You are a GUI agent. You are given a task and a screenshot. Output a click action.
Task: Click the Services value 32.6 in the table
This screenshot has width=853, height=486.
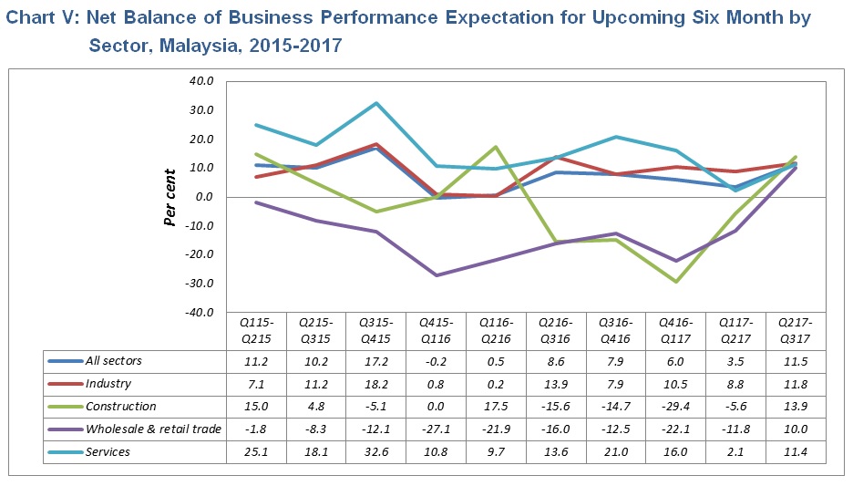(376, 451)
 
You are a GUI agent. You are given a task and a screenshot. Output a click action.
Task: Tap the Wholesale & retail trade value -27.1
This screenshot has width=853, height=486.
(436, 429)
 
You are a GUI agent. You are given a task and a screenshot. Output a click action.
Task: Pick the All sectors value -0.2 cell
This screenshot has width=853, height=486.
(436, 361)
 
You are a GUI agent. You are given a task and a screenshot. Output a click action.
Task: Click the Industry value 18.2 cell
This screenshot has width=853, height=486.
(376, 384)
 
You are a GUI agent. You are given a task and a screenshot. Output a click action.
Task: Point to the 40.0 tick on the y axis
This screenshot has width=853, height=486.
(200, 81)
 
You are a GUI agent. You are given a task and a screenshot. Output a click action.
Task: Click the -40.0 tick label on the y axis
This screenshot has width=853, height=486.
(199, 313)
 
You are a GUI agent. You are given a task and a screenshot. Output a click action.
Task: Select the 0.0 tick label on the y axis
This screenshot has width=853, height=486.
(204, 197)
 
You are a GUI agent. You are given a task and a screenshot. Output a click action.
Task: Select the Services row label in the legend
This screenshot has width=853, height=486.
(108, 451)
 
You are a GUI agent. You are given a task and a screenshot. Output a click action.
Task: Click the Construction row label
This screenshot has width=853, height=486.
(120, 406)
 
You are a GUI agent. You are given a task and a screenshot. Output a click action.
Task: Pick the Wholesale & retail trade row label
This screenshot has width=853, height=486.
(153, 429)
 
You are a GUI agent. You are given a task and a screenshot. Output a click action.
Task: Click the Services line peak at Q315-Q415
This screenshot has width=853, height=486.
(376, 103)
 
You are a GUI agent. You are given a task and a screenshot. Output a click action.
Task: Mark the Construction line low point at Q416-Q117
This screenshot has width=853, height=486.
(675, 282)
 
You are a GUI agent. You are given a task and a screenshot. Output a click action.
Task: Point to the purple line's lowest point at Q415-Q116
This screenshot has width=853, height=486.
(437, 275)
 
